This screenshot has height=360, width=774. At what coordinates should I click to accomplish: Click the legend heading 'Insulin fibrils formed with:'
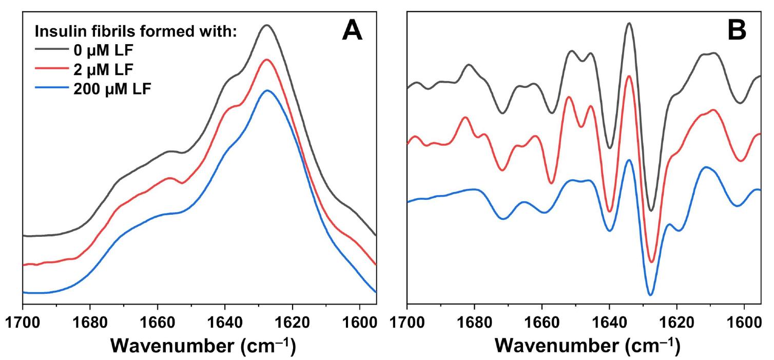[x=135, y=31]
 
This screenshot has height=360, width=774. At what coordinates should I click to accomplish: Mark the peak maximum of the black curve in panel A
[x=266, y=25]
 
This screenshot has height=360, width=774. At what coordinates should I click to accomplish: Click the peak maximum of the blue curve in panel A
[x=267, y=90]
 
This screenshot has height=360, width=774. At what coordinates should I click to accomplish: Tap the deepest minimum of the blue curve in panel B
[x=650, y=295]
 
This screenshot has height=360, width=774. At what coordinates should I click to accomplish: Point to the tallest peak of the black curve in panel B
[x=629, y=23]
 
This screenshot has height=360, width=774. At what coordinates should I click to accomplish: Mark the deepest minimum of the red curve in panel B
[x=651, y=262]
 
